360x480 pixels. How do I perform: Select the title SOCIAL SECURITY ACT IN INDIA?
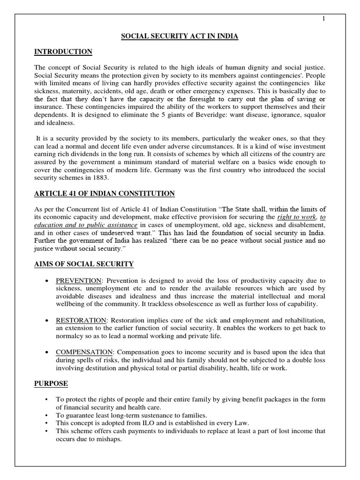point(180,37)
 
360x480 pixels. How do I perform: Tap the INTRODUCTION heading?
point(63,52)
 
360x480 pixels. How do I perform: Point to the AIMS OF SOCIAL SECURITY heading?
point(84,264)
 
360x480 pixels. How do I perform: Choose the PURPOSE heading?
point(51,383)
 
